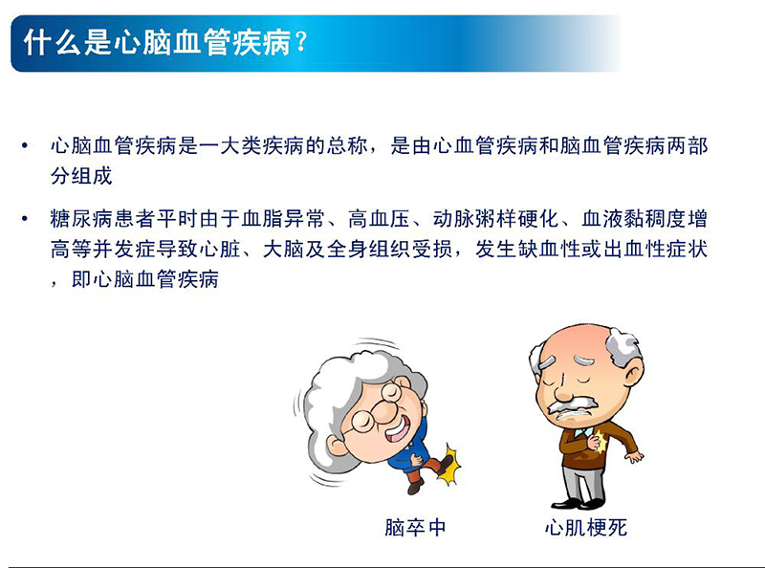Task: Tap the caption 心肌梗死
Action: tap(585, 527)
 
